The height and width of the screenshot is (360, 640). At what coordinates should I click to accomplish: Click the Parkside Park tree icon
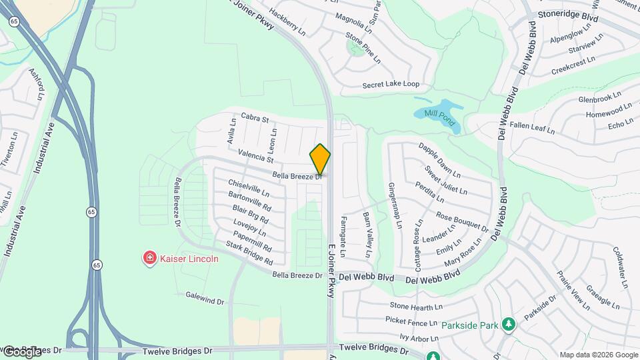pyautogui.click(x=509, y=325)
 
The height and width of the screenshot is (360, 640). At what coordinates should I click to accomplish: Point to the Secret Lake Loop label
pyautogui.click(x=391, y=85)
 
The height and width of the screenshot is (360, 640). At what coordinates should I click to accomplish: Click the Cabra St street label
pyautogui.click(x=255, y=118)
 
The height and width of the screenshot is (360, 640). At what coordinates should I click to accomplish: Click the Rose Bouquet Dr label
pyautogui.click(x=461, y=221)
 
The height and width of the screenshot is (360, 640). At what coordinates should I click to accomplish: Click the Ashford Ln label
pyautogui.click(x=37, y=83)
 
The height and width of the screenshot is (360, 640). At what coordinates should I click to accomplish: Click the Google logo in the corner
pyautogui.click(x=21, y=351)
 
